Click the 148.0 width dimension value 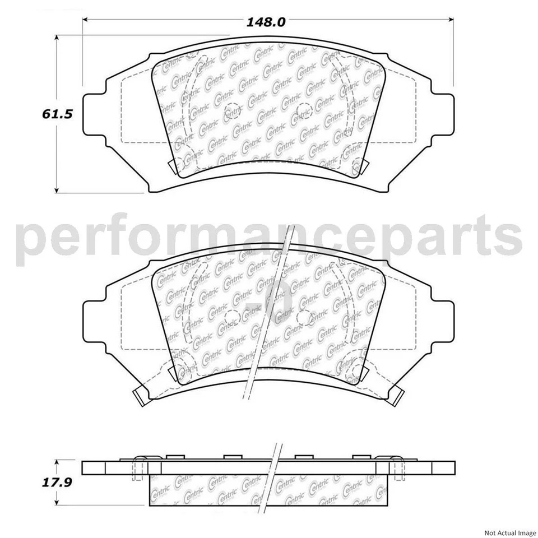click(x=267, y=22)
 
